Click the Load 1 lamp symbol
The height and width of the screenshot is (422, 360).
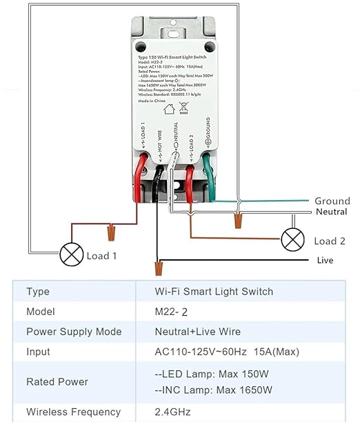pyautogui.click(x=71, y=254)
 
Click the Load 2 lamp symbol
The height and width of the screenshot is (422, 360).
pyautogui.click(x=292, y=239)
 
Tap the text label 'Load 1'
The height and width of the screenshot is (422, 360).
pyautogui.click(x=101, y=256)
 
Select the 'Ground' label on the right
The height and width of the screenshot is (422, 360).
pyautogui.click(x=332, y=201)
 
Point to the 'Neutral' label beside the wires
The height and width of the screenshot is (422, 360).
pyautogui.click(x=331, y=212)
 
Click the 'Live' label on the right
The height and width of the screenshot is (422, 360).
pyautogui.click(x=325, y=260)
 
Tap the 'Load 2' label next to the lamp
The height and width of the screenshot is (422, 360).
pyautogui.click(x=330, y=241)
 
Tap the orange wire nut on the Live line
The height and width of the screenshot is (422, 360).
pyautogui.click(x=159, y=265)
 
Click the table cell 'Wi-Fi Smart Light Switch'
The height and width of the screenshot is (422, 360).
pyautogui.click(x=214, y=292)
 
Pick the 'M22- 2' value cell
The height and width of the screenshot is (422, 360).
pyautogui.click(x=177, y=312)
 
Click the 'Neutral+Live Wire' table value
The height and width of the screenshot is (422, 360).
pyautogui.click(x=198, y=332)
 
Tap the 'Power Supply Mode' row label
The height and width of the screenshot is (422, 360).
pyautogui.click(x=74, y=332)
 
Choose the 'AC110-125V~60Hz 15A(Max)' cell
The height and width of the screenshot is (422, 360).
pyautogui.click(x=227, y=352)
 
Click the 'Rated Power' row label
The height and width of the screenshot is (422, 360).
pyautogui.click(x=57, y=381)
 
